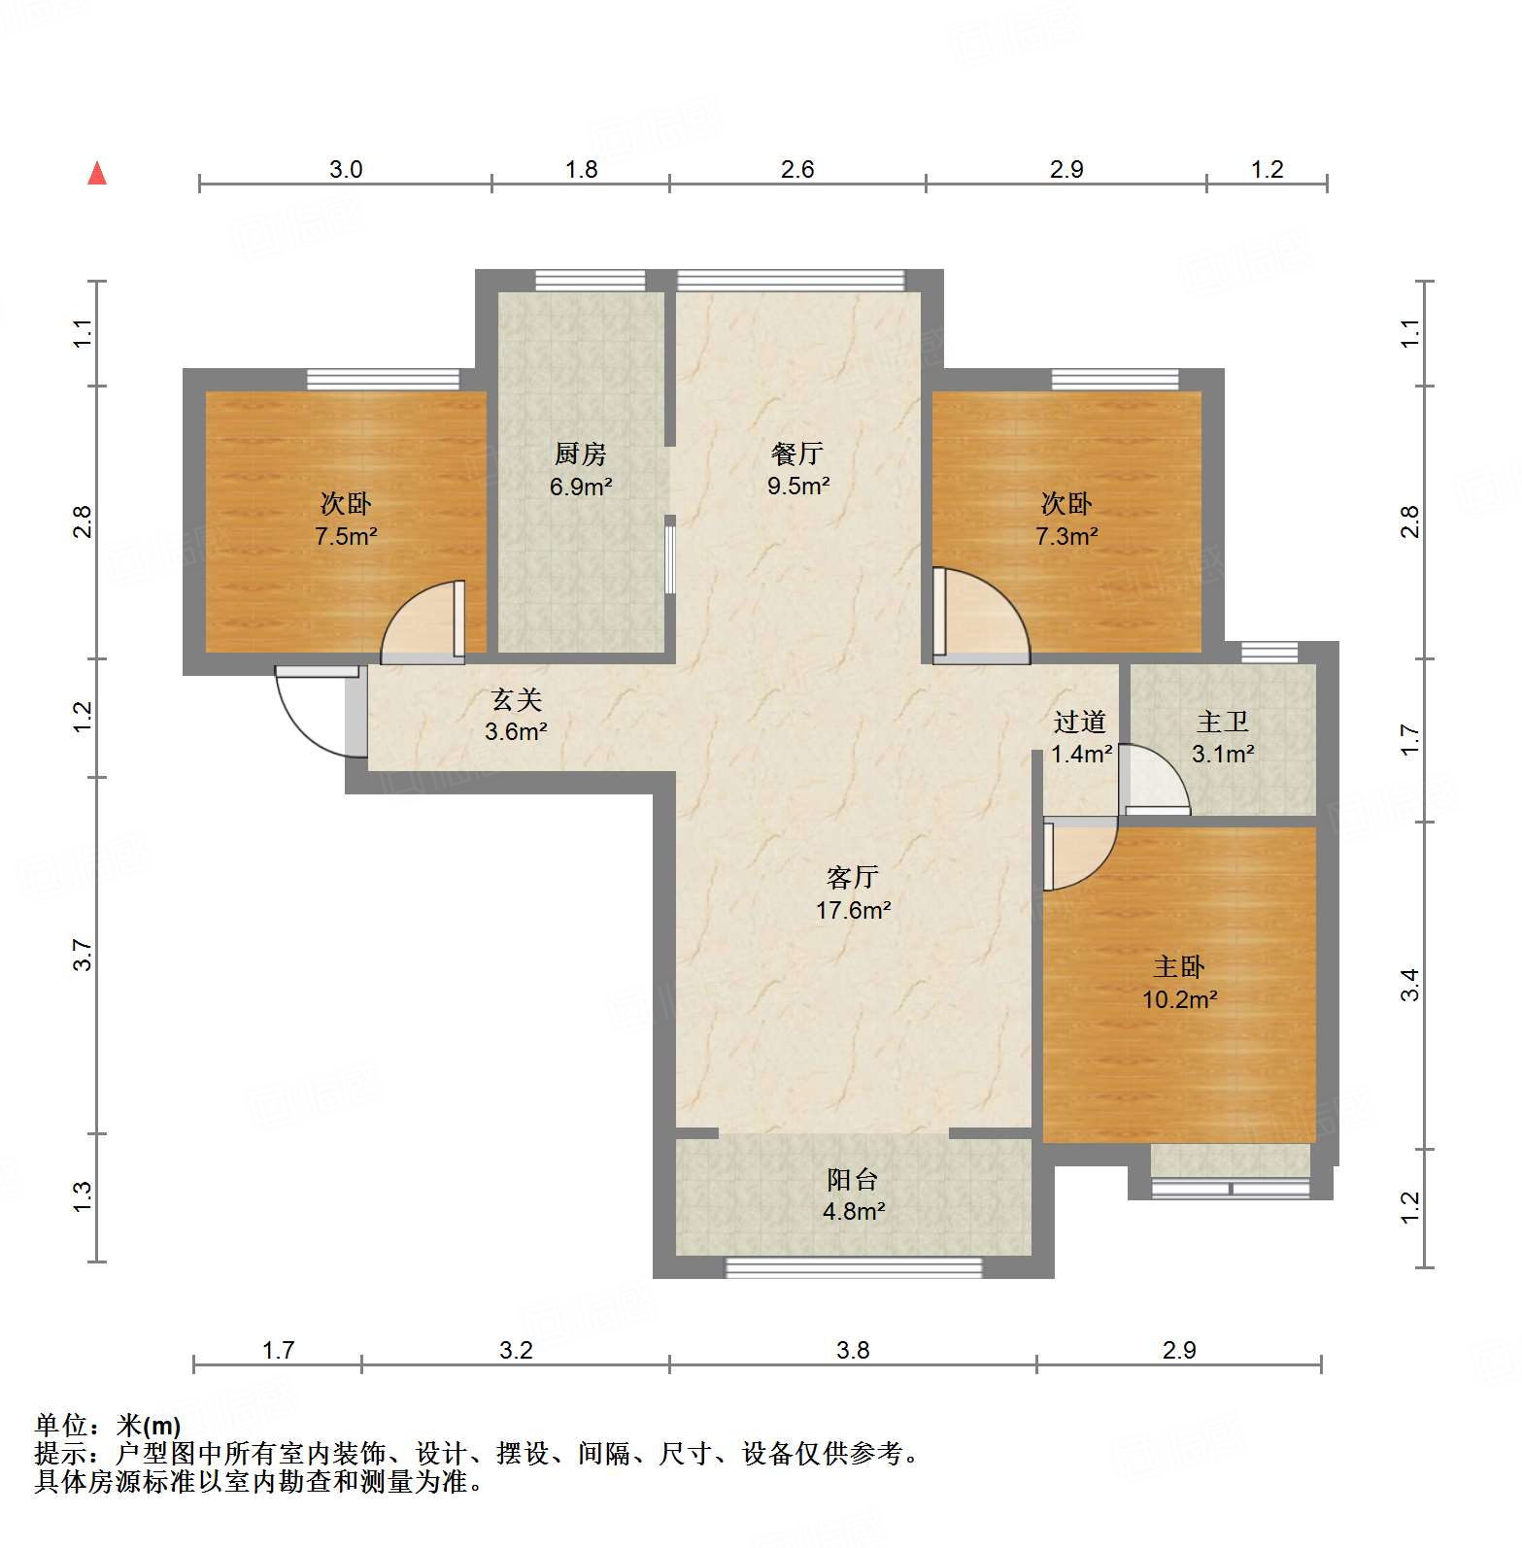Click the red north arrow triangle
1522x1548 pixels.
tap(97, 174)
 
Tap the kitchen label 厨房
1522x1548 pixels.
tap(580, 454)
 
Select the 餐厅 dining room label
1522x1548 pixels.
tap(797, 454)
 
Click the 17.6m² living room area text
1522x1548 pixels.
tap(853, 910)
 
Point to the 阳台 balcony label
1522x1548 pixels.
tap(853, 1179)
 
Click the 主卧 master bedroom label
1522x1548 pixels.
tap(1179, 966)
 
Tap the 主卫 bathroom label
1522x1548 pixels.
tap(1222, 722)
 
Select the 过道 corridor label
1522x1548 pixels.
tap(1080, 722)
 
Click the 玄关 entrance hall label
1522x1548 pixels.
tap(516, 699)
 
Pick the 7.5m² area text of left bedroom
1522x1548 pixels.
tap(346, 536)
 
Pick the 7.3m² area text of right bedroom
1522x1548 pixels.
tap(1066, 536)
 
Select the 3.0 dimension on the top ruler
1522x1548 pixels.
tap(345, 170)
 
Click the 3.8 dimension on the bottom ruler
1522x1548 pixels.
tap(853, 1350)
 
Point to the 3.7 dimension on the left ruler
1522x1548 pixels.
tap(84, 955)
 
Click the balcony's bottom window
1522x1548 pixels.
tap(853, 1266)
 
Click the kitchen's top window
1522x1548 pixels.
tap(590, 280)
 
